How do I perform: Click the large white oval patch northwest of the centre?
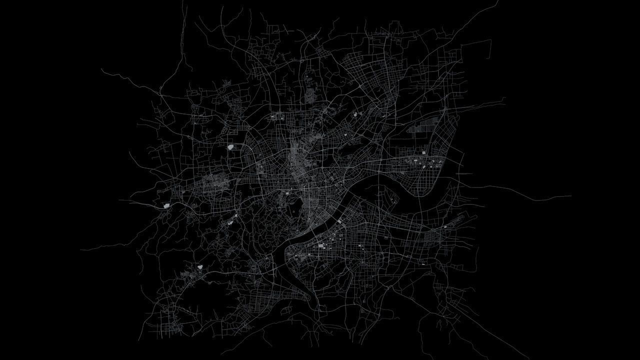(230, 147)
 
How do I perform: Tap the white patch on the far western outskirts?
(166, 205)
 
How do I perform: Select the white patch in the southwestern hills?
(200, 267)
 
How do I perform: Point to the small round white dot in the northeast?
(355, 114)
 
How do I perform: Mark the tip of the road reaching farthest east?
(571, 196)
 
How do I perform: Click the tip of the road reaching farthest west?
(81, 248)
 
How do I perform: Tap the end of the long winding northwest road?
(101, 69)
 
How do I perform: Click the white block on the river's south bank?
(340, 220)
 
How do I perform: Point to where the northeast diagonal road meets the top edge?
(498, 1)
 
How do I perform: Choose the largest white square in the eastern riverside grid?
(424, 153)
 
